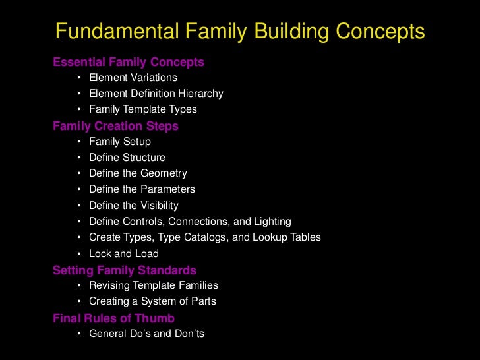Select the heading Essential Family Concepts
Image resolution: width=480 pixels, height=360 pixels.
(x=129, y=63)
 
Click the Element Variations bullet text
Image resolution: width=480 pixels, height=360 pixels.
(x=133, y=78)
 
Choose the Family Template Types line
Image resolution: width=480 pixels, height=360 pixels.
(x=143, y=109)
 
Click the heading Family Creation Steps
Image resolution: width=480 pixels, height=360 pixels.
(x=115, y=126)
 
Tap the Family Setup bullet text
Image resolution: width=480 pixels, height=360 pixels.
(x=120, y=142)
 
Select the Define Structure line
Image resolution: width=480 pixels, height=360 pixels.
(x=127, y=158)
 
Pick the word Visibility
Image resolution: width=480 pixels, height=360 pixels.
(x=159, y=206)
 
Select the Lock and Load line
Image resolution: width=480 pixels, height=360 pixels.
(x=124, y=253)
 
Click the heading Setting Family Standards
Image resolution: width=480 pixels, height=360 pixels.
(x=125, y=270)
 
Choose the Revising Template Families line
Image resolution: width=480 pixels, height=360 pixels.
(x=154, y=285)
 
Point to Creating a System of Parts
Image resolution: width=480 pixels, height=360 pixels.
(x=152, y=301)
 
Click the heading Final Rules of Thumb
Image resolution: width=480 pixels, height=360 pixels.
(x=113, y=318)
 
